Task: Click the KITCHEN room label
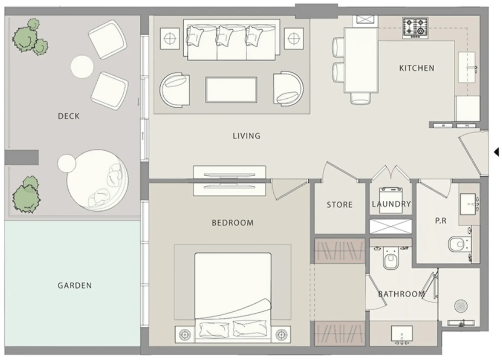click(417, 68)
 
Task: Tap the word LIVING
click(247, 136)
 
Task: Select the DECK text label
click(69, 116)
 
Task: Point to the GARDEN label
click(75, 286)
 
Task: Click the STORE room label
click(339, 205)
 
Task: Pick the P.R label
click(441, 221)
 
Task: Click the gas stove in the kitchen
click(415, 28)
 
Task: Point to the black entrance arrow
click(496, 152)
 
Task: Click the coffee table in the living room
click(231, 90)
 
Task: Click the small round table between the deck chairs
click(82, 67)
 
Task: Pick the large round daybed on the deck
click(98, 181)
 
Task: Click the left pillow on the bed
click(214, 330)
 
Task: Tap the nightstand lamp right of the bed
click(281, 335)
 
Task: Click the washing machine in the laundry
click(391, 200)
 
